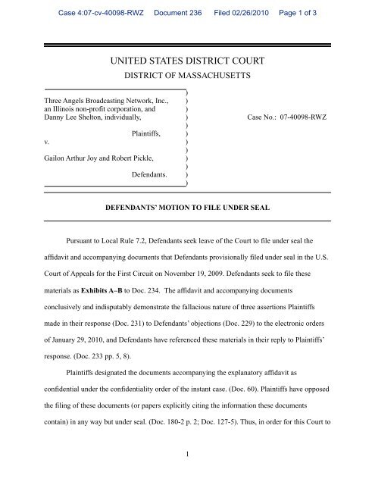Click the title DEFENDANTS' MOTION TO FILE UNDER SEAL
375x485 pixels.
point(186,205)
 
